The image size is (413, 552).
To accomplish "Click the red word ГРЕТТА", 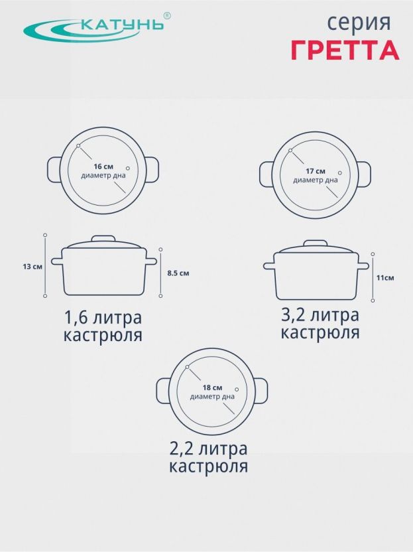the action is pyautogui.click(x=345, y=50).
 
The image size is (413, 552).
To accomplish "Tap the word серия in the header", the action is pyautogui.click(x=359, y=23).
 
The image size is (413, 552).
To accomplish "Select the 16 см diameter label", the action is pyautogui.click(x=103, y=167).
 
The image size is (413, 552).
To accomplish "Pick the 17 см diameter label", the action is pyautogui.click(x=316, y=171).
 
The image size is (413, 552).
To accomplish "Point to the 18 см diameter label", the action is pyautogui.click(x=213, y=388).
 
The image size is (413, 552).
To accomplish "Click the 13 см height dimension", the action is pyautogui.click(x=32, y=267).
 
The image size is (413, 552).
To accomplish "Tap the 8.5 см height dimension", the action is pyautogui.click(x=178, y=273).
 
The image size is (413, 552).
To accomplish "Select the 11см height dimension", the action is pyautogui.click(x=385, y=278).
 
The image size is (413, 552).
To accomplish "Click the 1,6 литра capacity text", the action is pyautogui.click(x=103, y=318).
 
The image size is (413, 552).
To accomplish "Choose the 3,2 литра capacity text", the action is pyautogui.click(x=320, y=315).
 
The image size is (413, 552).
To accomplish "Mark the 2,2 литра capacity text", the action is pyautogui.click(x=209, y=449).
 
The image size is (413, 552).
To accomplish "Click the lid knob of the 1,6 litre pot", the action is pyautogui.click(x=103, y=239).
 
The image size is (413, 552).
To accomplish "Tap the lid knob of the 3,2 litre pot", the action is pyautogui.click(x=316, y=243).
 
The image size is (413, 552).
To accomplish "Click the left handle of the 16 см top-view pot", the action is pyautogui.click(x=54, y=170).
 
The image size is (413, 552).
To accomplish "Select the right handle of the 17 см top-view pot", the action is pyautogui.click(x=364, y=174).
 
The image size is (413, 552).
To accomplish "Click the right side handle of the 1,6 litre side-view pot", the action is pyautogui.click(x=151, y=261).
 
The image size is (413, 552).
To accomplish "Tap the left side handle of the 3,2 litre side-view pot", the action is pyautogui.click(x=269, y=266).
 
